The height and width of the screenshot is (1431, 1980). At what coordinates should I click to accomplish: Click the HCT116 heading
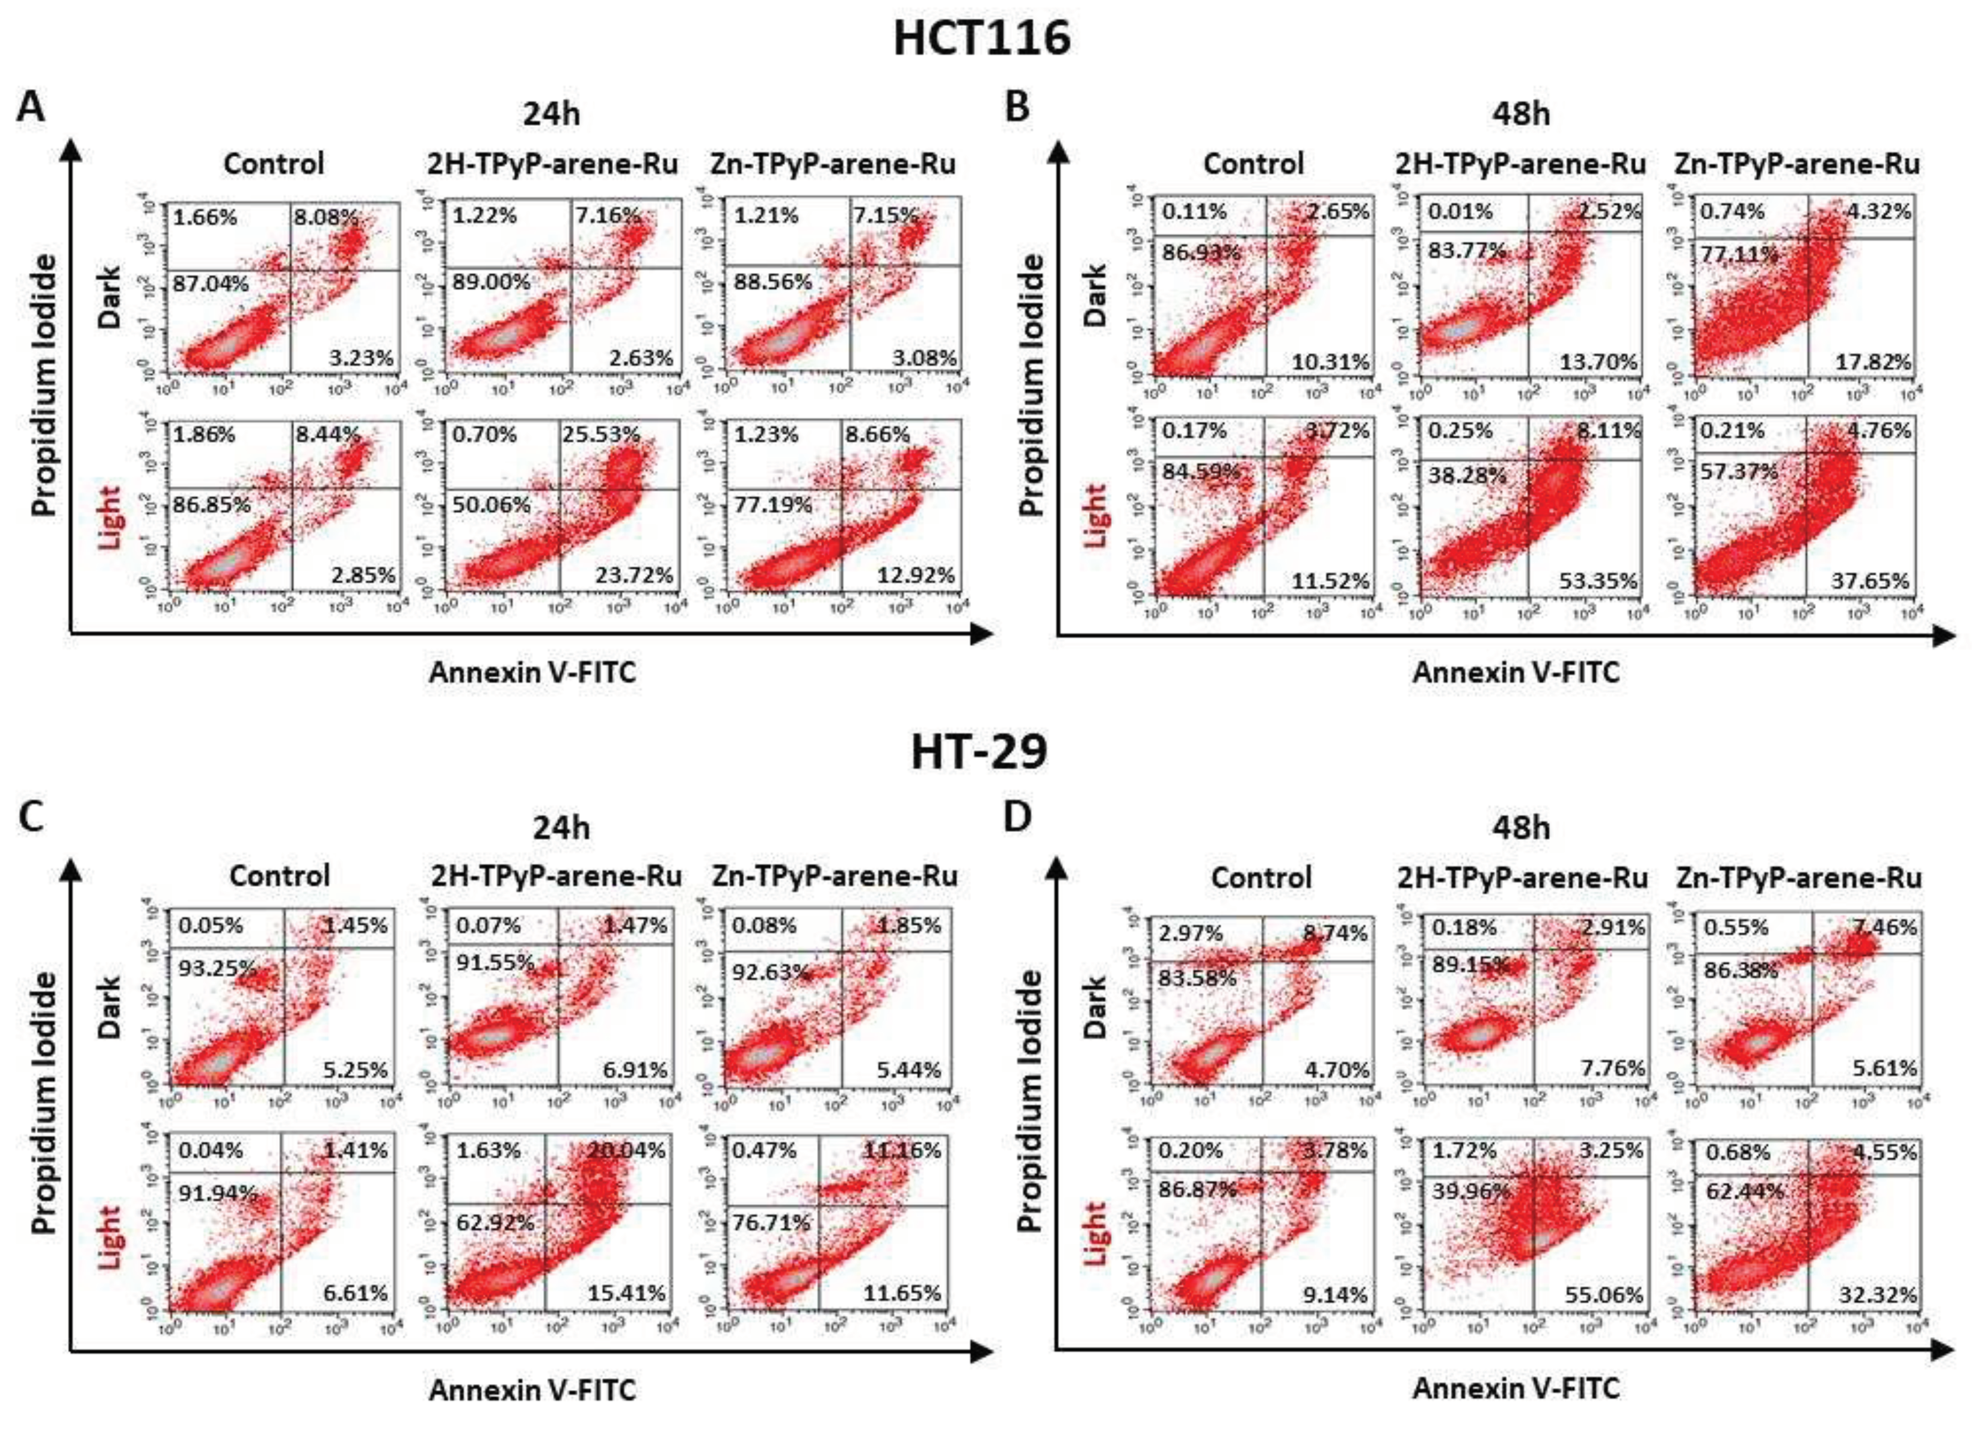[981, 39]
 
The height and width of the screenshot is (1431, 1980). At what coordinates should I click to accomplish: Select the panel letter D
[1018, 817]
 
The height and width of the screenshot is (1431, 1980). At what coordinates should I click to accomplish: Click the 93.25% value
[217, 967]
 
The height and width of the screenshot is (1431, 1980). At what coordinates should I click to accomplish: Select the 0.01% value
[1460, 211]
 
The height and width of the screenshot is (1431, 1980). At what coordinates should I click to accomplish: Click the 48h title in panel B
[1521, 114]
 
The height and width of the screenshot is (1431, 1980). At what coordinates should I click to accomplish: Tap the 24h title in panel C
[561, 827]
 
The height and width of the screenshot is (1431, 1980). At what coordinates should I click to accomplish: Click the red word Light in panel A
[111, 518]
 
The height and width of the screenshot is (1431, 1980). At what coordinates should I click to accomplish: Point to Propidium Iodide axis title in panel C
[45, 1103]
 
